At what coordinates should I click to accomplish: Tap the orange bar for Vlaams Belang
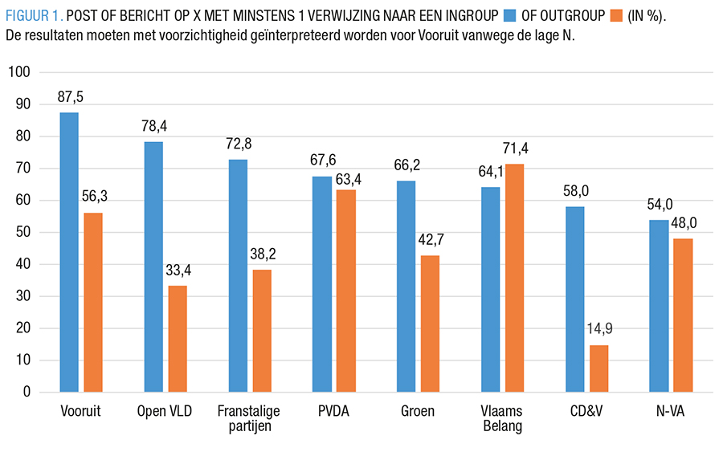pos(514,278)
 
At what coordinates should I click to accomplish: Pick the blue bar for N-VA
pos(658,306)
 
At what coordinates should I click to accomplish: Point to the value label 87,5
pos(70,97)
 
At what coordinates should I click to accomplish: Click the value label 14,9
pos(599,331)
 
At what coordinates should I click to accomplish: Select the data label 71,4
pos(514,149)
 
